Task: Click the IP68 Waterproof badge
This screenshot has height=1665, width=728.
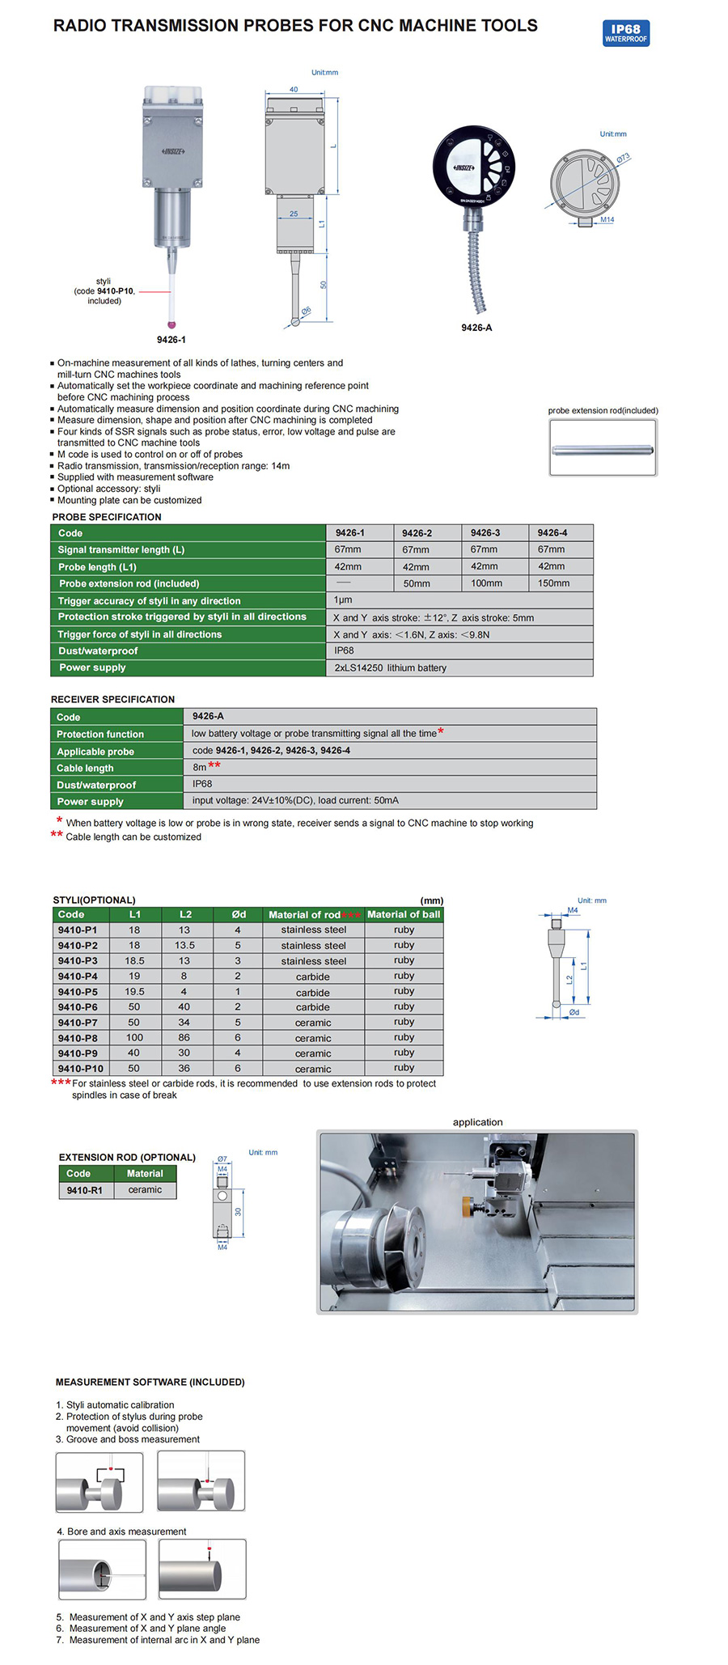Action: click(x=626, y=33)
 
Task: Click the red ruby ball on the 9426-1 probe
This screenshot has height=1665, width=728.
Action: click(x=171, y=325)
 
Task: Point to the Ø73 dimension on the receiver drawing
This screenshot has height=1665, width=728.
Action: click(x=623, y=158)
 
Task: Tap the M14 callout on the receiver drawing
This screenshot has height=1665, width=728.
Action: click(x=607, y=220)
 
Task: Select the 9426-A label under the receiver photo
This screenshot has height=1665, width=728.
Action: click(x=476, y=328)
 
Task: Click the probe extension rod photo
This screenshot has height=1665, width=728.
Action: click(x=603, y=450)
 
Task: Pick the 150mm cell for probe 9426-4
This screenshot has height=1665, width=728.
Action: click(x=553, y=583)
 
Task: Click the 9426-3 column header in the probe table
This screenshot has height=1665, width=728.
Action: click(x=485, y=533)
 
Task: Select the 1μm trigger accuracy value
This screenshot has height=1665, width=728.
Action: click(x=343, y=600)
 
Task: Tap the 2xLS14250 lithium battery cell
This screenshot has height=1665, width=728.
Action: click(x=390, y=668)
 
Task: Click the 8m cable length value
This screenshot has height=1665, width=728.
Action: click(x=200, y=768)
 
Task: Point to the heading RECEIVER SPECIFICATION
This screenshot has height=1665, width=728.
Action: click(x=112, y=700)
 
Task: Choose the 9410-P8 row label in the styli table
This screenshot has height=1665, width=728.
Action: click(x=78, y=1038)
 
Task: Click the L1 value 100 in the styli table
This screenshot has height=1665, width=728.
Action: click(x=134, y=1038)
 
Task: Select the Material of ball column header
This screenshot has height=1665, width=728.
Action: click(x=404, y=915)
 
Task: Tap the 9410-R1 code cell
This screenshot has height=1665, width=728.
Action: click(x=84, y=1191)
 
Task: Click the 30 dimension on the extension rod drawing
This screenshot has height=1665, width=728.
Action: click(x=239, y=1212)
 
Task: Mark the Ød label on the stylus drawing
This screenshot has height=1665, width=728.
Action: click(x=574, y=1012)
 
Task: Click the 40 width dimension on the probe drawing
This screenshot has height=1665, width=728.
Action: click(x=294, y=90)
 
